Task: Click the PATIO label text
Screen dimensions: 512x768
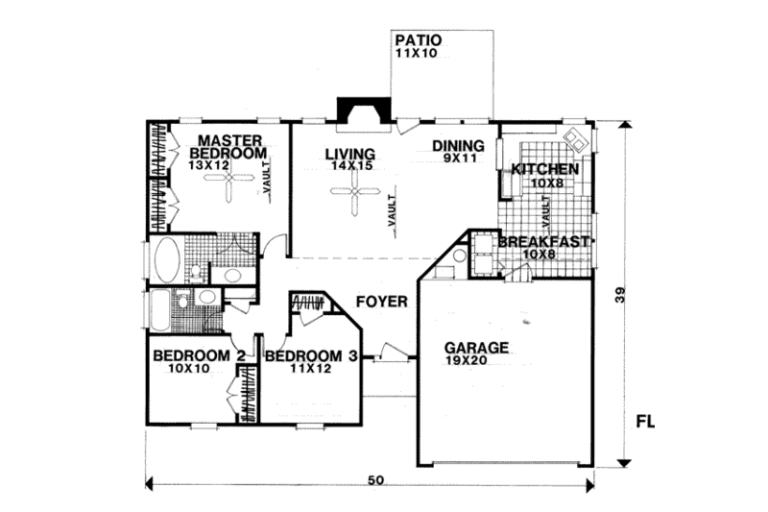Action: pyautogui.click(x=418, y=41)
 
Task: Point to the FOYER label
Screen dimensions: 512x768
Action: pyautogui.click(x=382, y=302)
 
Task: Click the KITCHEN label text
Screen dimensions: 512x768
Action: pyautogui.click(x=544, y=169)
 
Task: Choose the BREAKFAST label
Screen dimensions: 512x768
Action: pyautogui.click(x=542, y=242)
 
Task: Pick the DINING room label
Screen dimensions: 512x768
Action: pyautogui.click(x=457, y=146)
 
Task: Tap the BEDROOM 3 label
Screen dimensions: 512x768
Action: pyautogui.click(x=311, y=355)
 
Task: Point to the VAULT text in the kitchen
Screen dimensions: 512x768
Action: pyautogui.click(x=544, y=207)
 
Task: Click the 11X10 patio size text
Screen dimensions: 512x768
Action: pyautogui.click(x=415, y=56)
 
